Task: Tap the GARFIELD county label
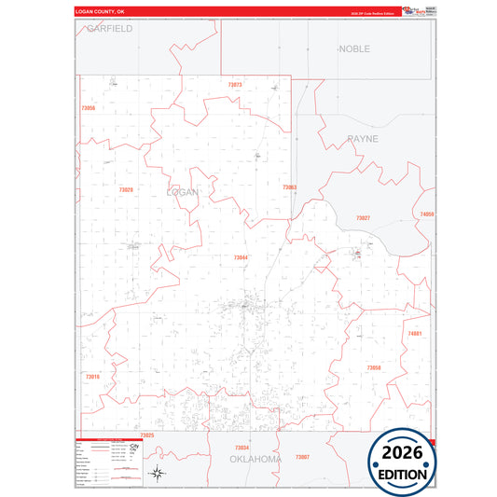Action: tap(109, 29)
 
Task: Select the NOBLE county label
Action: tap(354, 48)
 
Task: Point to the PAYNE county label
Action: tap(363, 138)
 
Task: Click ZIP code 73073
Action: tap(234, 85)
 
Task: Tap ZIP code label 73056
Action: tap(89, 108)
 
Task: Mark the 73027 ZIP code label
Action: tap(363, 218)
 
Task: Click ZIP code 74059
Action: tap(427, 214)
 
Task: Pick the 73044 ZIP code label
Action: tap(241, 257)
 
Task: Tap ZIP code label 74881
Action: tap(415, 333)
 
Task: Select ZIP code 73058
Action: tap(373, 367)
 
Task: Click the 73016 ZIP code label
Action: tap(92, 377)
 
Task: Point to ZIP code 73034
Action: tap(242, 448)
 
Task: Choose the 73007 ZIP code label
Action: tap(302, 457)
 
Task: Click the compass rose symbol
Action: tap(159, 473)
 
